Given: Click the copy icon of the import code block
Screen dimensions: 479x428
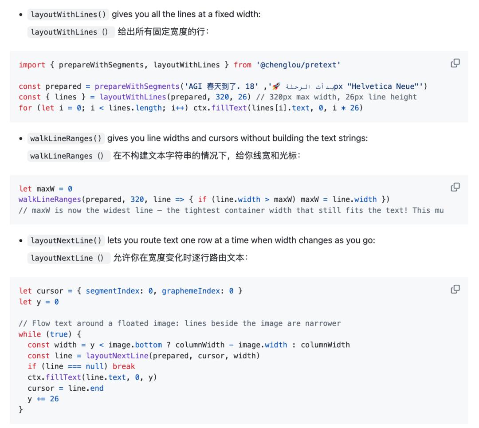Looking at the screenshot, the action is click(x=455, y=63).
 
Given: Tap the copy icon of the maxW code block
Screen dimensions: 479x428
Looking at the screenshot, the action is click(x=455, y=187).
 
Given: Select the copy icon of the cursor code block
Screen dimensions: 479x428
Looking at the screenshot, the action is click(x=455, y=289).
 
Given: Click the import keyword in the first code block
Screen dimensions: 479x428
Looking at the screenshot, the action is click(x=32, y=65).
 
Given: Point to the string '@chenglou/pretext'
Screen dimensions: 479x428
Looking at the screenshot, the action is click(x=298, y=65).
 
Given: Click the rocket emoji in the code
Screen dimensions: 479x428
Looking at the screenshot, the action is click(x=276, y=86).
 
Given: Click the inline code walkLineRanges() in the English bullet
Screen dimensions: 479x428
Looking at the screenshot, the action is click(x=66, y=138).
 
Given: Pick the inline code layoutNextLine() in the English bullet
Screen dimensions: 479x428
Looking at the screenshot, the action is click(x=66, y=240).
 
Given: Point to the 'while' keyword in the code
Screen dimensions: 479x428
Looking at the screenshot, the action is click(x=30, y=334).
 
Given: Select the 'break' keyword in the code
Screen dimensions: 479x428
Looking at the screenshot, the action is click(x=124, y=366).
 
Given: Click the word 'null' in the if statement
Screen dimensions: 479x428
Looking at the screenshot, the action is click(x=94, y=366).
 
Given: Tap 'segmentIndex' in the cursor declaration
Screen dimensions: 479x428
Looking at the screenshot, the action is click(x=112, y=291).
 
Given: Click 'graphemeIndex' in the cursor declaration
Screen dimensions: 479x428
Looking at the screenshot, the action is click(x=191, y=291).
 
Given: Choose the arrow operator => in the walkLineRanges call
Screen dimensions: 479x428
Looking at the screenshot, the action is click(x=180, y=200).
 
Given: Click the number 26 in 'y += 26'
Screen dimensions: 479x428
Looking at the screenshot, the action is click(x=55, y=399).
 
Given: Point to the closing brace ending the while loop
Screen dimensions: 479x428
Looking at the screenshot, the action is click(x=21, y=409).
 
